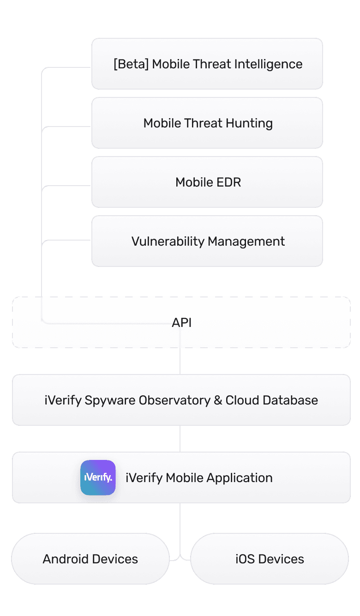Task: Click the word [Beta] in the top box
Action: coord(131,64)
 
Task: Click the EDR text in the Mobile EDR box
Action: coord(230,182)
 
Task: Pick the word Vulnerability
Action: coord(168,242)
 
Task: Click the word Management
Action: coord(246,242)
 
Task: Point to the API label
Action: coord(181,323)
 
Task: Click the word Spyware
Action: coord(107,400)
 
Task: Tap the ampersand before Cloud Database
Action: coord(218,400)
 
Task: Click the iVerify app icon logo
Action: coord(98,477)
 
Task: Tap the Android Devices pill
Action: coord(90,559)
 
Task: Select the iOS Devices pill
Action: coord(270,559)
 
